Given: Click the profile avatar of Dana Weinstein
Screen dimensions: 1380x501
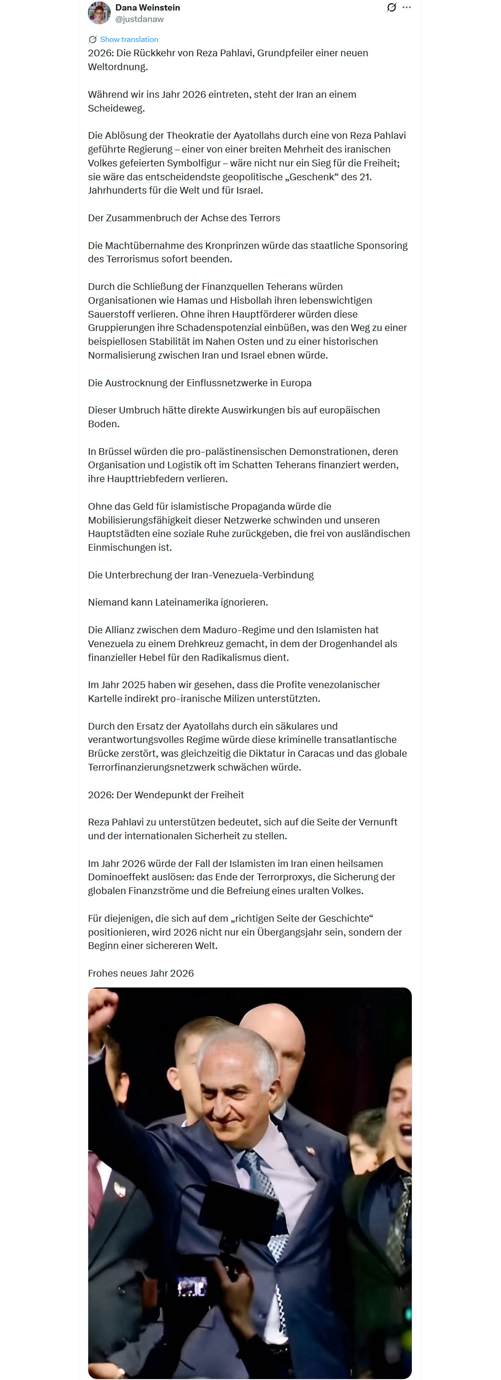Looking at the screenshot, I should [99, 13].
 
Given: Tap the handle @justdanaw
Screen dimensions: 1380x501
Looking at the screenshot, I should [139, 19].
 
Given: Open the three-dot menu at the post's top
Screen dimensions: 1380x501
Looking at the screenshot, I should [407, 8].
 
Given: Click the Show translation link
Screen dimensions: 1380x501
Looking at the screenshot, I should [129, 40].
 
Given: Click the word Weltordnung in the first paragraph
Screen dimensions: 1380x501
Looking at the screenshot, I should [117, 67].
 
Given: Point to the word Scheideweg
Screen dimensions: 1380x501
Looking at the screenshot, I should [116, 108].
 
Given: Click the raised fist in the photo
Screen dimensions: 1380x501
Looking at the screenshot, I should [101, 1006].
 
